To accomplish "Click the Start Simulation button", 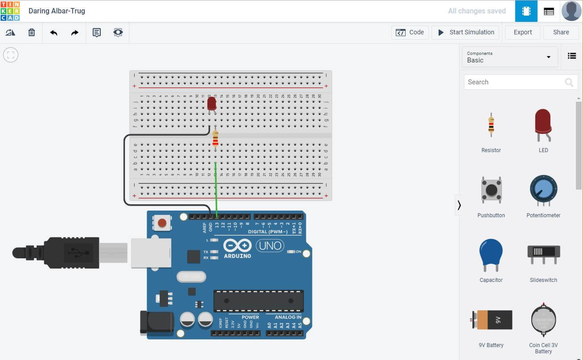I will click(466, 32).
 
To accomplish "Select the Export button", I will click(522, 32).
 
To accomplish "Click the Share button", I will click(561, 32).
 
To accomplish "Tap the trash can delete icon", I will click(32, 33).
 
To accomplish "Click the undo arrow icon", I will click(53, 33).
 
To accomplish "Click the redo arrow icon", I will click(75, 33).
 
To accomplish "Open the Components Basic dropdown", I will click(509, 57).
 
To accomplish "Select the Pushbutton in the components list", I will click(491, 190).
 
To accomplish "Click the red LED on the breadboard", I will click(212, 104).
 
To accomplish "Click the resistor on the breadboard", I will click(216, 139).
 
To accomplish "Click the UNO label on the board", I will click(270, 245).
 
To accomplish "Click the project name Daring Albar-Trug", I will click(57, 11).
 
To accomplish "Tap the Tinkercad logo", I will click(10, 11).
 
